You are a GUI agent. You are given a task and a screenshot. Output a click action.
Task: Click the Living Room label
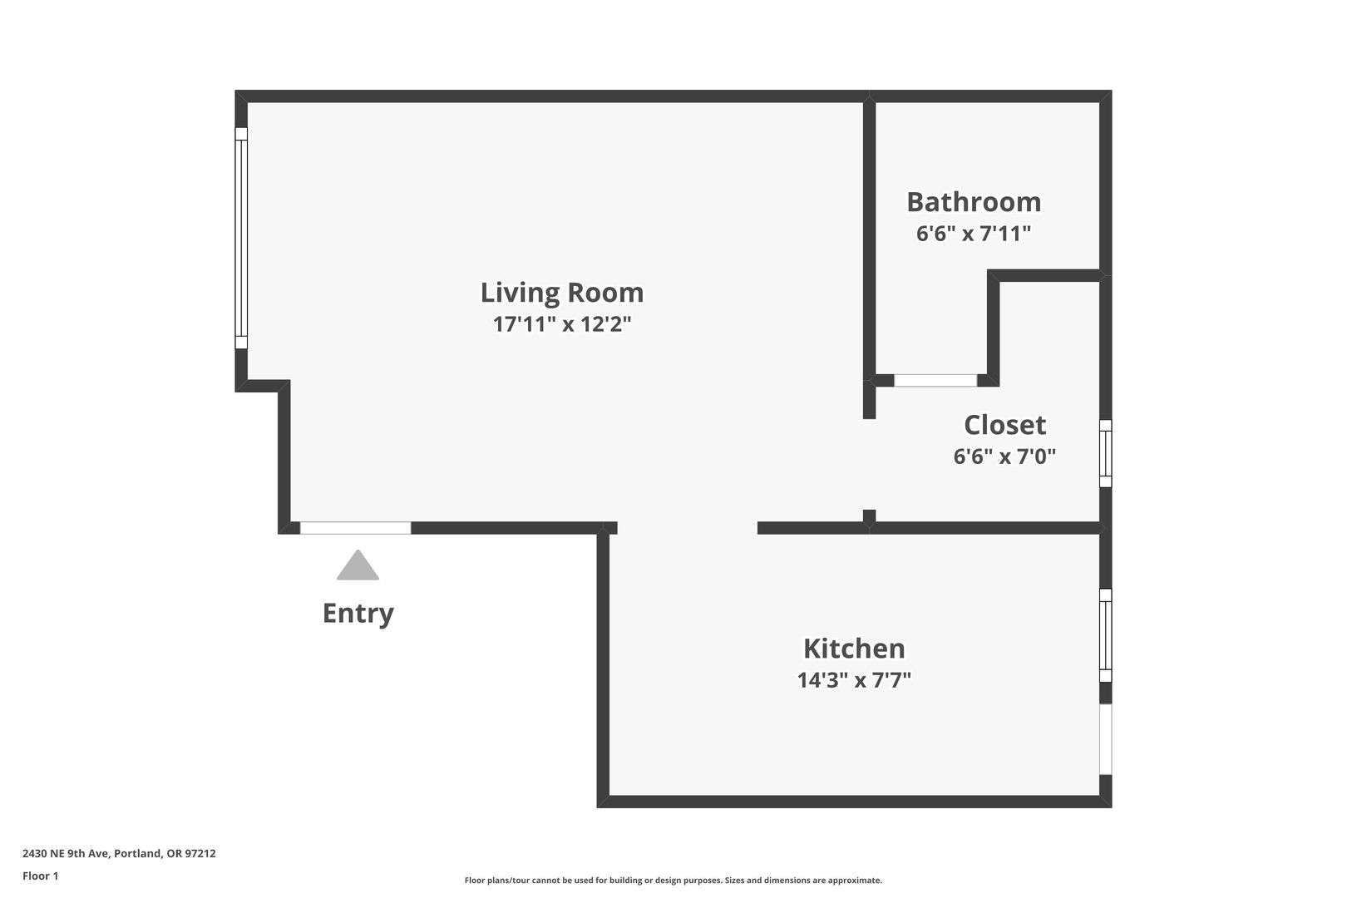tap(561, 293)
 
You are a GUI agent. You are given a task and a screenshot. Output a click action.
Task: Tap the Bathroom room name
tap(974, 202)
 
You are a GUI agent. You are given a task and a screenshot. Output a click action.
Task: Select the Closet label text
tap(1004, 425)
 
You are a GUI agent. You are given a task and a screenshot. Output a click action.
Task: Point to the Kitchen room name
tap(854, 649)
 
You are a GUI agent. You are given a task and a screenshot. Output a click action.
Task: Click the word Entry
tap(358, 614)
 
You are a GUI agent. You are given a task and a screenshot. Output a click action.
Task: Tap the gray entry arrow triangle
tap(358, 565)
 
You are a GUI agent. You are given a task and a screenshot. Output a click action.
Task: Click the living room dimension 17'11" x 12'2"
tap(561, 324)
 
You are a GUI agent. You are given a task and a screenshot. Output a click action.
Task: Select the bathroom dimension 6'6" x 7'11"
tap(974, 234)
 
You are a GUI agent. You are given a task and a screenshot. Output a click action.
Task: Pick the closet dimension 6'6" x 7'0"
tap(1004, 456)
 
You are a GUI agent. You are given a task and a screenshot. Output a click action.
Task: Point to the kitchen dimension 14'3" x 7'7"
tap(854, 680)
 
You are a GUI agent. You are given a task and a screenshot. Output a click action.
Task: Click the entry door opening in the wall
tap(355, 528)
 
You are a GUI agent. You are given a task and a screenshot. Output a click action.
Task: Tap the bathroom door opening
tap(935, 380)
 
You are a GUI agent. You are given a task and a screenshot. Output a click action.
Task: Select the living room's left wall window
tap(241, 238)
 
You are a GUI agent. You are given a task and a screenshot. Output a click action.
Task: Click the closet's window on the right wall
tap(1105, 453)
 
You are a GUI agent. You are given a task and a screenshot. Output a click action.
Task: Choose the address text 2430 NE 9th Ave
tap(67, 853)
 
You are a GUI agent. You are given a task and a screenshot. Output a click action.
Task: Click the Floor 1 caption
tap(40, 876)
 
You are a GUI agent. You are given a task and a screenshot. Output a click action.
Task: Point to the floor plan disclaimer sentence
tap(673, 880)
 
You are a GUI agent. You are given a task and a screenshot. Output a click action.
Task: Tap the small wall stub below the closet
tap(869, 516)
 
